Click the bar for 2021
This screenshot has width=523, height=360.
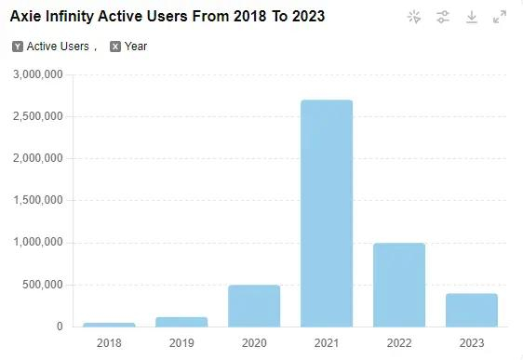click(327, 213)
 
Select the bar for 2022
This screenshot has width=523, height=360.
click(399, 285)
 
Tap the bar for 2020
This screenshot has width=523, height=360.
click(254, 305)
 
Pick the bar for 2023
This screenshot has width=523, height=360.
click(472, 310)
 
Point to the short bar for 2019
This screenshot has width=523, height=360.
click(181, 322)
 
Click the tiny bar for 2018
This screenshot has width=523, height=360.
click(109, 325)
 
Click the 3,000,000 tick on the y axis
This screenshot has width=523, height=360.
click(37, 74)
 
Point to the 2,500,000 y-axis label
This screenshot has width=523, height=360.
click(37, 116)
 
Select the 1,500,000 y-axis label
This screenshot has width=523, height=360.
click(37, 200)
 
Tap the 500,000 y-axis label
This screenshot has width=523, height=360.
click(42, 285)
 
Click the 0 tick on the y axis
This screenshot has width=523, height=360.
click(59, 327)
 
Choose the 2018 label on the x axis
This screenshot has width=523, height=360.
click(109, 343)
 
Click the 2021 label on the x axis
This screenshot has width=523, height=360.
click(327, 343)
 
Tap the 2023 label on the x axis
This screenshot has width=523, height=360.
click(472, 343)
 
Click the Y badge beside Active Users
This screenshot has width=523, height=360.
click(18, 47)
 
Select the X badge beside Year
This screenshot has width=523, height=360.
click(115, 47)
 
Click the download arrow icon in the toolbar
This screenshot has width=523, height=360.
click(472, 17)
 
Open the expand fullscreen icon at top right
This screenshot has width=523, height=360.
click(500, 17)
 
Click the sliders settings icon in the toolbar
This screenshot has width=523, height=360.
click(443, 17)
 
